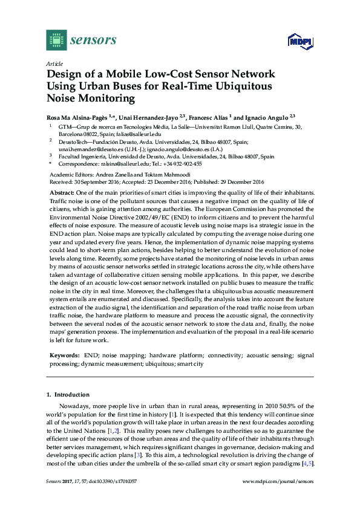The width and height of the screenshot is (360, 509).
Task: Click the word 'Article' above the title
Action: click(x=53, y=63)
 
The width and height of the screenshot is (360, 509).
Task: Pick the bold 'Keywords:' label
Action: click(x=63, y=357)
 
